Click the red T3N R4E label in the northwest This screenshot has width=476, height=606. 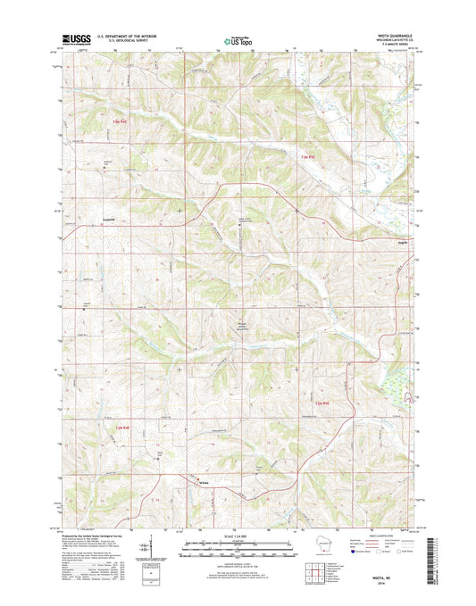click(x=121, y=119)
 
